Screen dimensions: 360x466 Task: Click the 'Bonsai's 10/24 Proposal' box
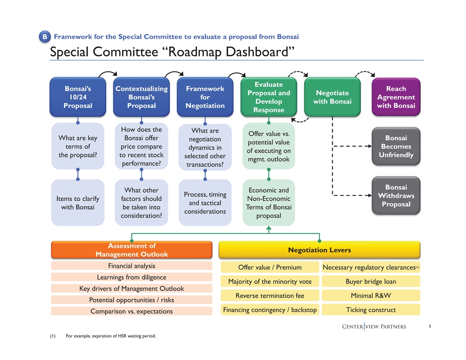tap(78, 97)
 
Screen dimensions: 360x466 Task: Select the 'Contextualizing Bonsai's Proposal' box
tap(141, 97)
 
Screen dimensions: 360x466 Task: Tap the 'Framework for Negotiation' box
tap(205, 97)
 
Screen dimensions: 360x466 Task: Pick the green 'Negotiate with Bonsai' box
tap(332, 97)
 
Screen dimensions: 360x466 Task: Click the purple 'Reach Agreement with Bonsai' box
tap(396, 97)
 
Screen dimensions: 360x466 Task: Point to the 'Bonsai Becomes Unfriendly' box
tap(396, 146)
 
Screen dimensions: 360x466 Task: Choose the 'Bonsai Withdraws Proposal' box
tap(396, 195)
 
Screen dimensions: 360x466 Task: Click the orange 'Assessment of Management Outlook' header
tap(132, 250)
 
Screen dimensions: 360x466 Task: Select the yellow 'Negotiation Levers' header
tap(319, 250)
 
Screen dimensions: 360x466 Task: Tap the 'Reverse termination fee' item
tap(270, 296)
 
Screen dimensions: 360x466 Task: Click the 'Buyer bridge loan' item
tap(371, 281)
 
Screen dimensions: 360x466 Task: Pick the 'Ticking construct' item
tap(371, 310)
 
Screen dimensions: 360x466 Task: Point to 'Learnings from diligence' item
tap(132, 277)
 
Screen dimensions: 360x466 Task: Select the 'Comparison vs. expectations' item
tap(132, 311)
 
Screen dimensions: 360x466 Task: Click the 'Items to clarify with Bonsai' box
tap(78, 203)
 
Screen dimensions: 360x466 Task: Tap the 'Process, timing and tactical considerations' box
tap(205, 203)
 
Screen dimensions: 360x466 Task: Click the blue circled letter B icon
tap(45, 38)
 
